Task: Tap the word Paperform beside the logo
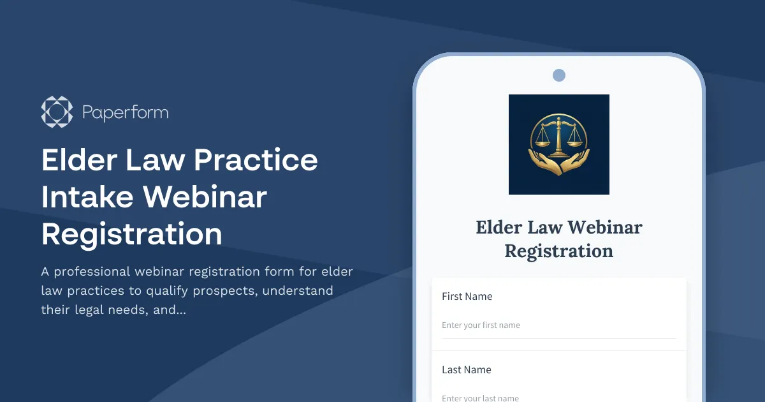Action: (x=126, y=113)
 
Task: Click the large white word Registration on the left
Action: (x=132, y=234)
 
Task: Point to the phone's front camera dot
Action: (x=559, y=75)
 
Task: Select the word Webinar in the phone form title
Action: (x=604, y=227)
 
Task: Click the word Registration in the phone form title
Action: (x=559, y=251)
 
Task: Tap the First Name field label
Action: (x=467, y=296)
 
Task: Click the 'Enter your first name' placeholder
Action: (x=481, y=325)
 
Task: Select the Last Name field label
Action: (x=466, y=369)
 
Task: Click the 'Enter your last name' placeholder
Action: (x=480, y=398)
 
